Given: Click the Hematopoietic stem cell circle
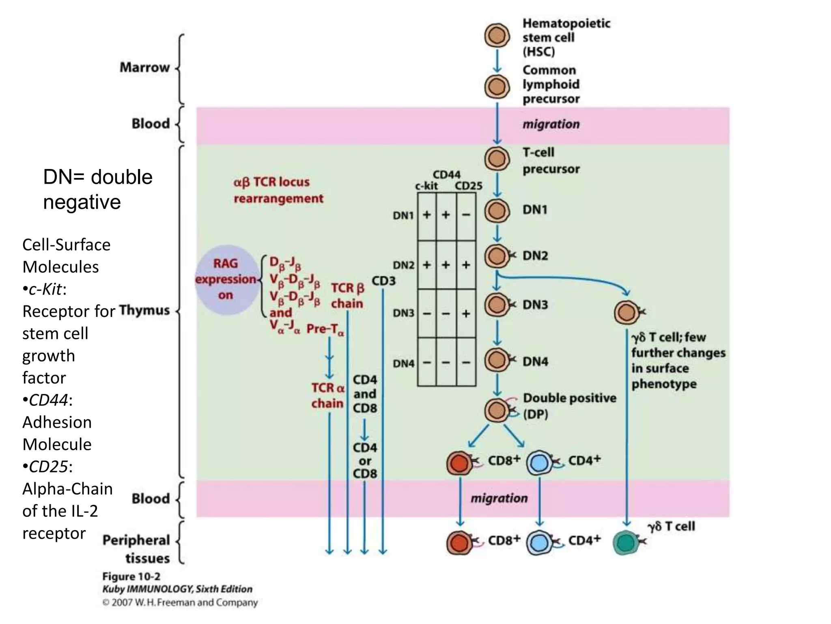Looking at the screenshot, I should (x=497, y=36).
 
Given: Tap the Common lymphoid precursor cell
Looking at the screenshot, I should (x=497, y=87).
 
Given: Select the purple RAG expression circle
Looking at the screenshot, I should (x=226, y=279).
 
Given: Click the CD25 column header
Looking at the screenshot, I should (x=468, y=186).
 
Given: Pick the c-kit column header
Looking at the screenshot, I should (x=426, y=186).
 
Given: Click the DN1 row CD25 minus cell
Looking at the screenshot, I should (x=466, y=215).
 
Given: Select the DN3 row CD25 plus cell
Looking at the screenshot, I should (x=466, y=313).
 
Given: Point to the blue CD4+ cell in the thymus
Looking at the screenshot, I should (x=539, y=463).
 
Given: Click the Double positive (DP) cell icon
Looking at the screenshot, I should (x=496, y=410).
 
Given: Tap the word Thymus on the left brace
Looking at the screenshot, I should (x=144, y=310).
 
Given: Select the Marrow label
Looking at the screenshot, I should (x=144, y=67).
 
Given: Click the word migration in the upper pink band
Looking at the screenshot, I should (x=551, y=124).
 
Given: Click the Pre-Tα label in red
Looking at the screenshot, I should (x=325, y=329).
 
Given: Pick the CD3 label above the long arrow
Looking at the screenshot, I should (x=383, y=281).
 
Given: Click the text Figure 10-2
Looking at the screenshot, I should (x=131, y=576).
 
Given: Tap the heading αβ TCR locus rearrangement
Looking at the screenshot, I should (x=278, y=190).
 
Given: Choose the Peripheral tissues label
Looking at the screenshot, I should (x=136, y=549).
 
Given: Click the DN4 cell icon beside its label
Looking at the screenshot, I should (x=496, y=360).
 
